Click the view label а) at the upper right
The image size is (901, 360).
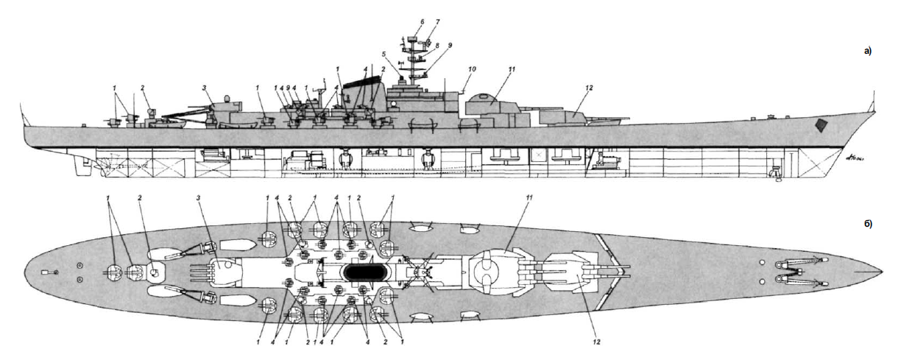867,51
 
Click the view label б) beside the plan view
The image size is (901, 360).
867,223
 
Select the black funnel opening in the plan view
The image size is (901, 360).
364,271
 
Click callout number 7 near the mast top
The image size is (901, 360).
437,22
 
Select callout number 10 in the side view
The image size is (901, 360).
473,68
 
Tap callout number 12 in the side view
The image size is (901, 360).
588,88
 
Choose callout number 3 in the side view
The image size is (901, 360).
203,88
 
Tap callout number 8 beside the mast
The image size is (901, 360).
437,46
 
